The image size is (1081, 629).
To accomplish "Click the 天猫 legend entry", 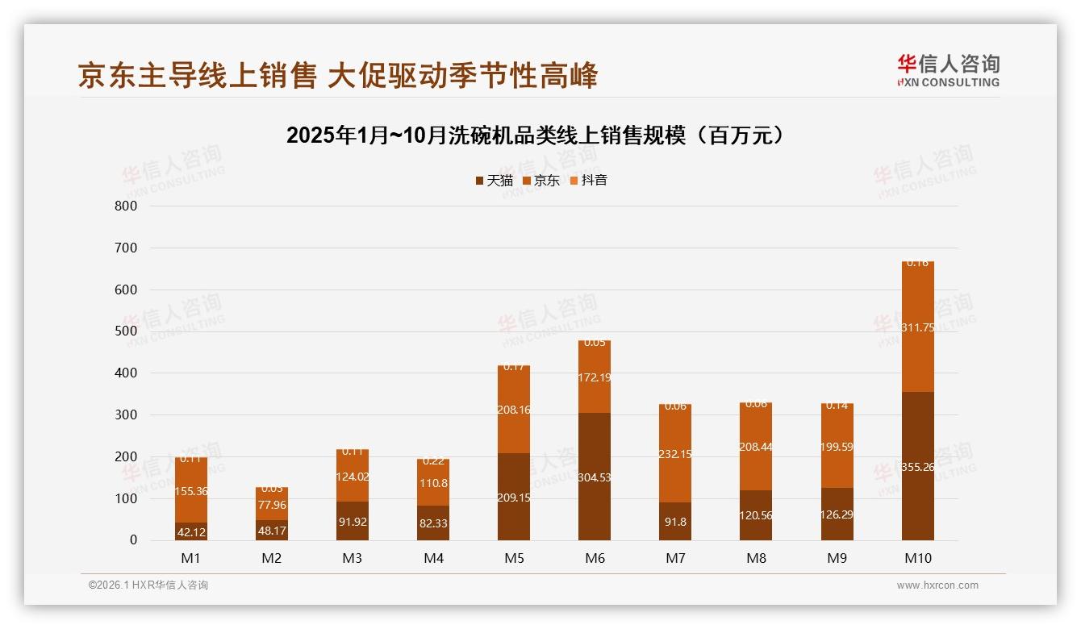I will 494,181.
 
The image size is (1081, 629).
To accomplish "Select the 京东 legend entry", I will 540,181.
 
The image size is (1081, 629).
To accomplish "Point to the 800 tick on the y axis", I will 127,206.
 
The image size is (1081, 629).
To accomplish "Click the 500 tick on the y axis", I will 127,331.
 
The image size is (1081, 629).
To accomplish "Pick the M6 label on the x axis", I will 595,558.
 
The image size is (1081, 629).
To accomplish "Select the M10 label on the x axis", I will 917,558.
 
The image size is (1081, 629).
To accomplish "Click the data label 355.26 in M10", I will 917,467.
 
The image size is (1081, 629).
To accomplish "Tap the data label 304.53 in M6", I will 595,477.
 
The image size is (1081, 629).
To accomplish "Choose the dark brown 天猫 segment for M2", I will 272,530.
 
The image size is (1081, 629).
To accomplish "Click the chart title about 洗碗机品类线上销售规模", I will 535,135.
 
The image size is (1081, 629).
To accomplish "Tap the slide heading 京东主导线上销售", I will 338,76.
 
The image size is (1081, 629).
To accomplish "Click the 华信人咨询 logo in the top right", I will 948,70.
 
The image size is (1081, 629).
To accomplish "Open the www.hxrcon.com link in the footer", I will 937,585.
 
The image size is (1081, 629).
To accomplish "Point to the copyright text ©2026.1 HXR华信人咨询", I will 148,585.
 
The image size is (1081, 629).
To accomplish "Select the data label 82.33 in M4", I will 433,524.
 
